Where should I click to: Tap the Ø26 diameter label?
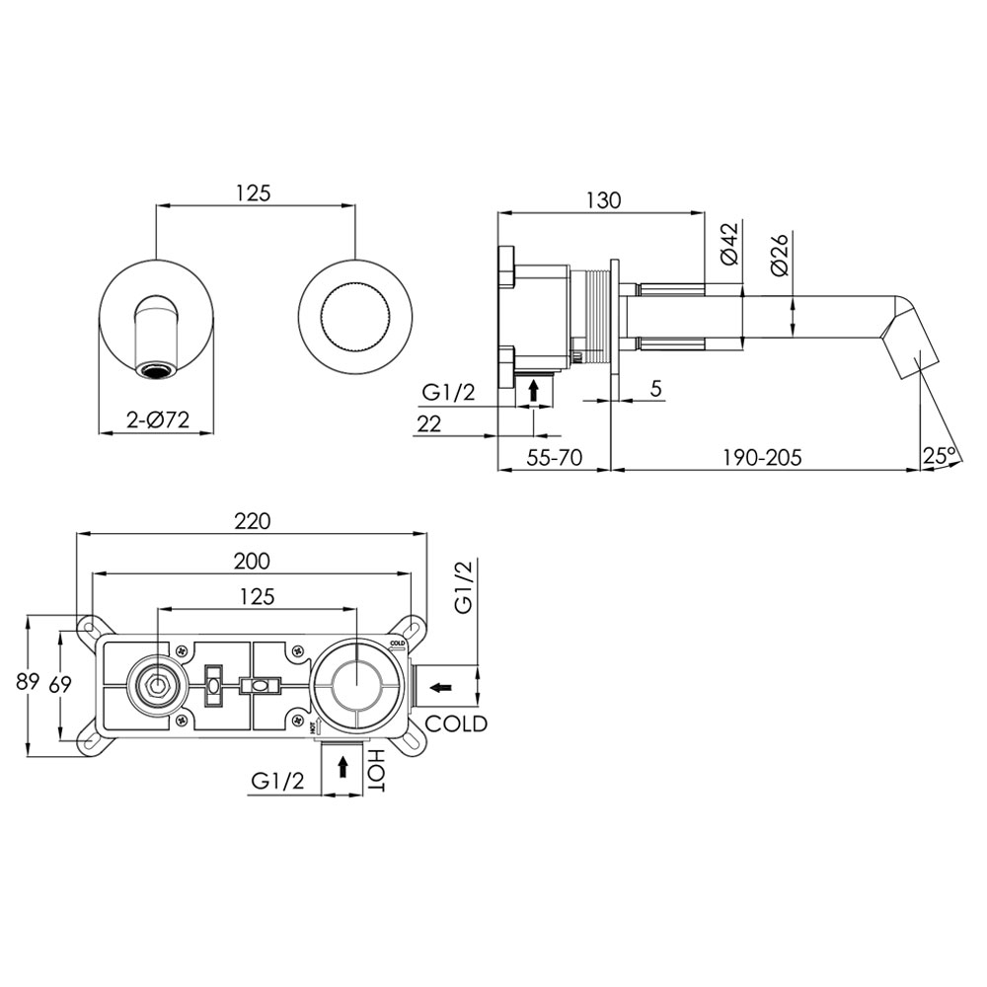click(x=777, y=254)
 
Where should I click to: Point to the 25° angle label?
click(x=940, y=455)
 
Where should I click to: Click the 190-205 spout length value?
click(x=760, y=457)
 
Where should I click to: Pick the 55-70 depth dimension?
click(x=553, y=457)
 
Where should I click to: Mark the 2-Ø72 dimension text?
click(x=158, y=418)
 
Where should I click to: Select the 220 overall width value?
click(x=252, y=520)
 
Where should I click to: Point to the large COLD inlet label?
click(x=451, y=723)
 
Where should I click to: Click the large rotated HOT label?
click(x=376, y=770)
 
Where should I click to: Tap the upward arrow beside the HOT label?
click(x=342, y=767)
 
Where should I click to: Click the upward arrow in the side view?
click(x=534, y=390)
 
